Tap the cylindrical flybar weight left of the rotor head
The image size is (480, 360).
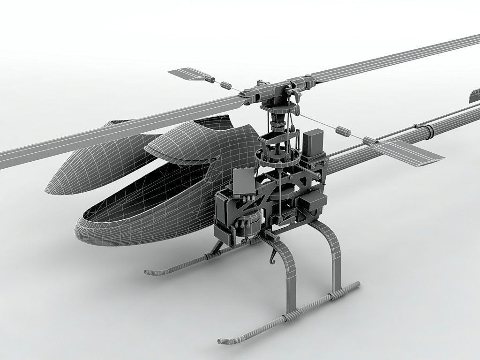226,85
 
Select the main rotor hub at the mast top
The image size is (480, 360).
277,91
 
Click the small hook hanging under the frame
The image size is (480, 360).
272,256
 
